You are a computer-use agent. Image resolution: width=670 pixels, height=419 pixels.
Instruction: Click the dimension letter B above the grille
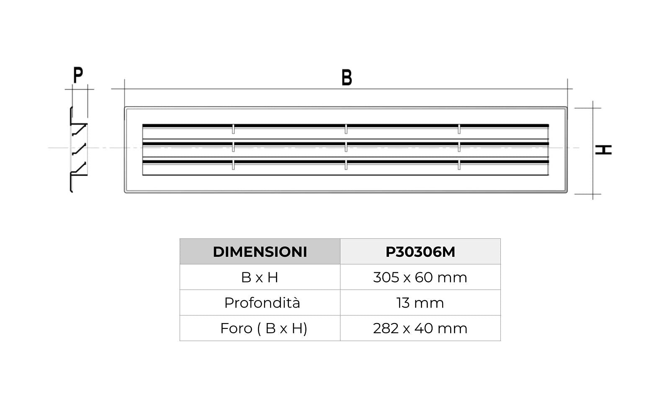pyautogui.click(x=347, y=78)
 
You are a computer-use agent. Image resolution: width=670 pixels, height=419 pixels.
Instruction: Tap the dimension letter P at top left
pyautogui.click(x=78, y=75)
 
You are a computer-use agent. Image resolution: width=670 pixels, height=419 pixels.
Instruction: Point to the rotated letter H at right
pyautogui.click(x=603, y=150)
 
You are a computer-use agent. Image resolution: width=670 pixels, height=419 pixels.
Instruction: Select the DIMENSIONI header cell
pyautogui.click(x=260, y=251)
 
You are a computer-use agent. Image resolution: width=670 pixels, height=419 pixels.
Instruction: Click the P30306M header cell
pyautogui.click(x=420, y=251)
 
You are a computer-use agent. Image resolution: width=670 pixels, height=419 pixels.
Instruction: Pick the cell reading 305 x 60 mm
pyautogui.click(x=420, y=277)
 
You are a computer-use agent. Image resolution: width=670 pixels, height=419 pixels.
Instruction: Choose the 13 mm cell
pyautogui.click(x=420, y=303)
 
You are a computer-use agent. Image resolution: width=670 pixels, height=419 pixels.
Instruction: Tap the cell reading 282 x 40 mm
pyautogui.click(x=420, y=328)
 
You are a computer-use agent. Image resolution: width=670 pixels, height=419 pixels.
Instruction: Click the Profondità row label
pyautogui.click(x=262, y=303)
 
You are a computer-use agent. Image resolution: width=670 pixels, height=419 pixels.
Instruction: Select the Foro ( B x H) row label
pyautogui.click(x=263, y=328)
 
